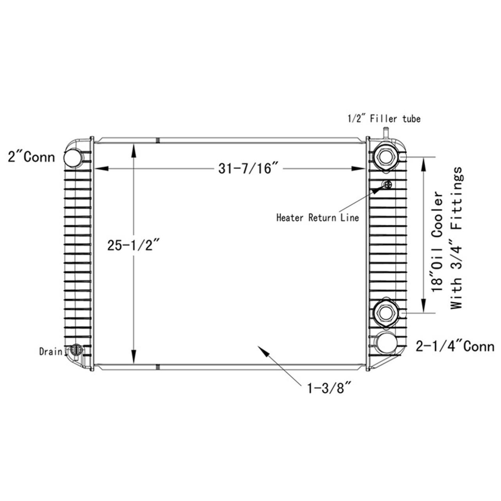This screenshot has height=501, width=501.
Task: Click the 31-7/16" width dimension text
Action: [248, 168]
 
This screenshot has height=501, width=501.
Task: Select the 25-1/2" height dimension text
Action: [133, 245]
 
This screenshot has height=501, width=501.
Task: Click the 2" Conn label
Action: [31, 157]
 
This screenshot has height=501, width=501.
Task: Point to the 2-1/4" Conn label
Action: [455, 346]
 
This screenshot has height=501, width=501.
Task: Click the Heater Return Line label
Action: [317, 218]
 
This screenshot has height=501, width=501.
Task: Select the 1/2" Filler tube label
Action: [384, 119]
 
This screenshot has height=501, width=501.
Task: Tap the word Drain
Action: [50, 351]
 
